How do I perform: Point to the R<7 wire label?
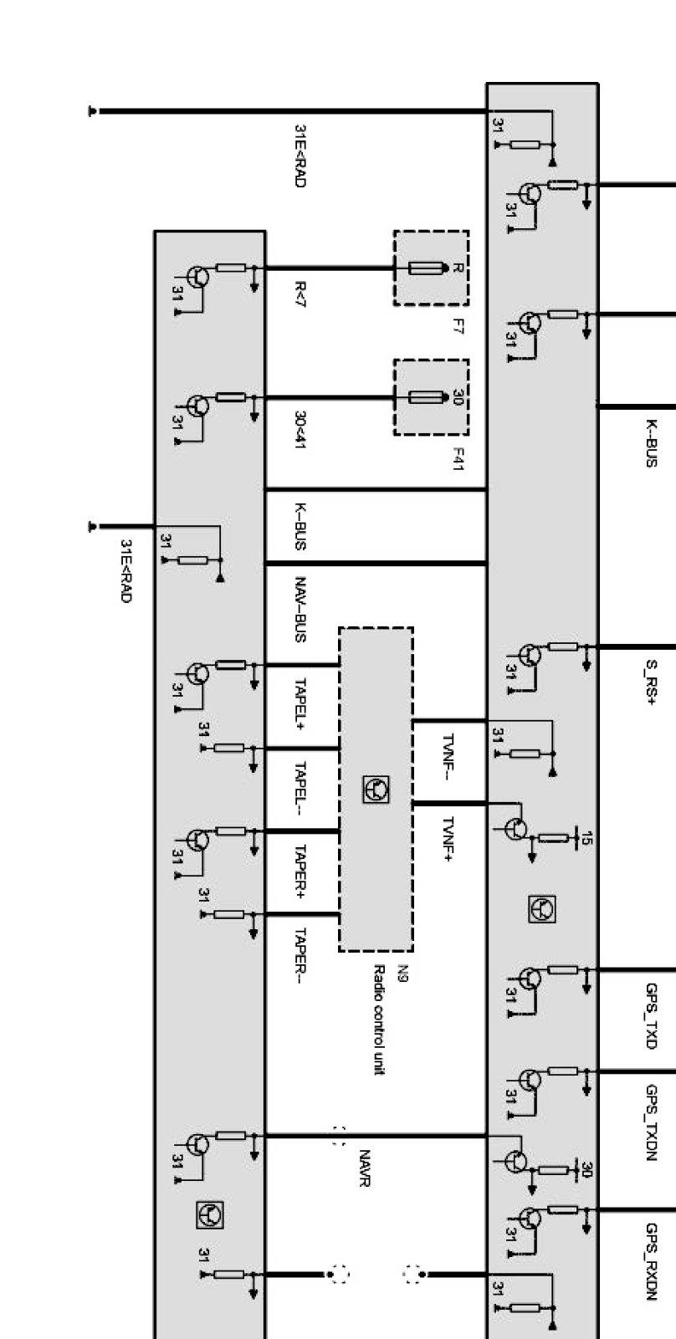(300, 294)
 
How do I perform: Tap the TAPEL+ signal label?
(300, 704)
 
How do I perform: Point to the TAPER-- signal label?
(300, 955)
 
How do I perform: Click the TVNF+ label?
(448, 839)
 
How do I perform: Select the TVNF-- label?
(448, 756)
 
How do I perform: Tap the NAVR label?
(365, 1168)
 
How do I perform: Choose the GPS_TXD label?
(652, 1015)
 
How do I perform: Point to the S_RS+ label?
(650, 682)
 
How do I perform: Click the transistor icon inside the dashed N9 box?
(376, 790)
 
